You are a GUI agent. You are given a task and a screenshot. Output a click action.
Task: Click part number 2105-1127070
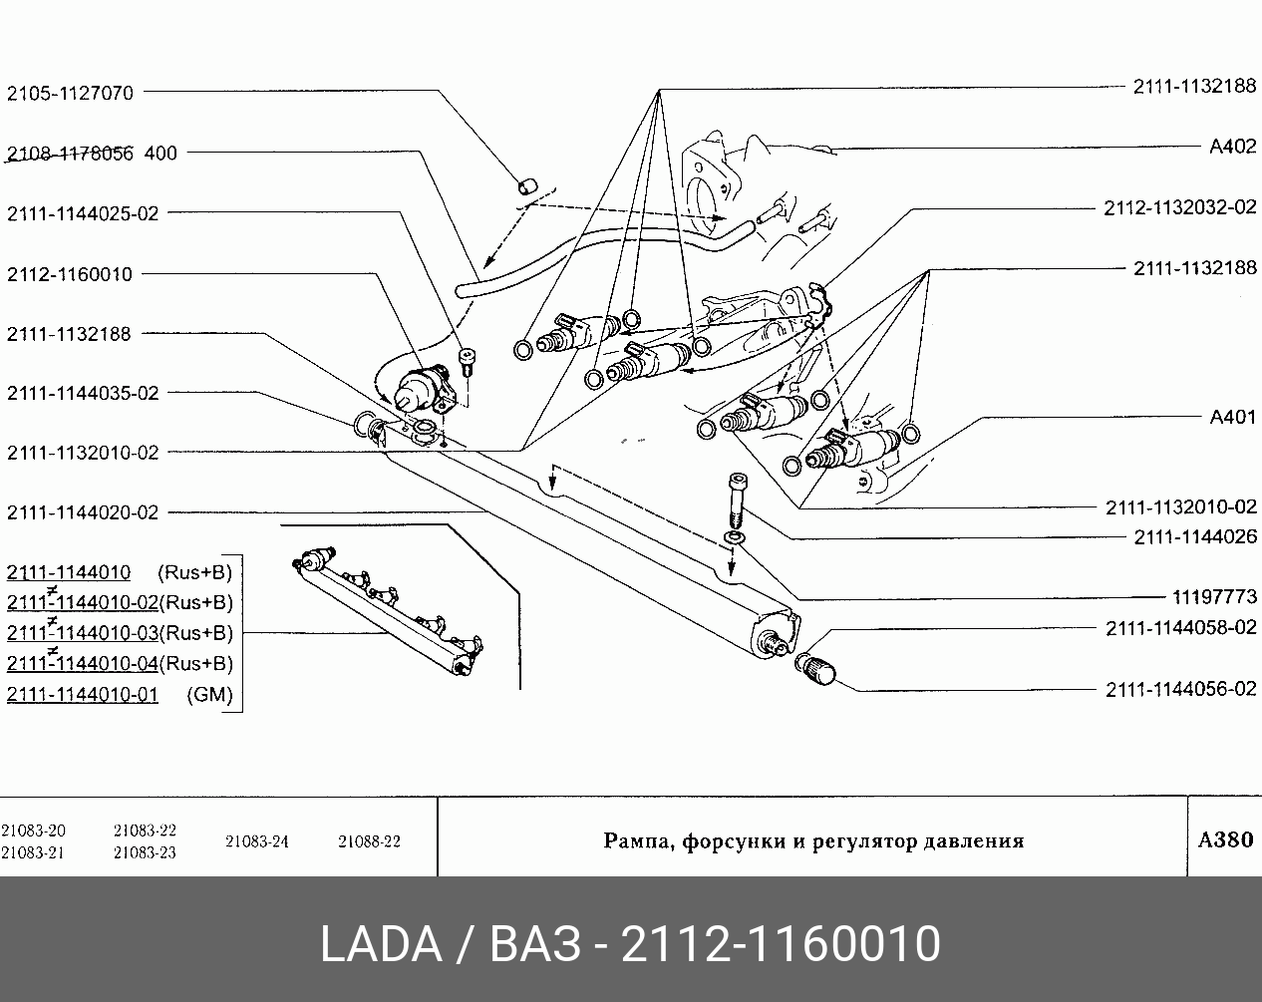click(x=70, y=93)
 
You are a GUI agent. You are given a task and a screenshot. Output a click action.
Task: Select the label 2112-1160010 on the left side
click(x=70, y=274)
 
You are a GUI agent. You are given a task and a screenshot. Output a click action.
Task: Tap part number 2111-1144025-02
click(x=83, y=213)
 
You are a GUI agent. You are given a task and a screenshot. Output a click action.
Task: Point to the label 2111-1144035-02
click(x=83, y=393)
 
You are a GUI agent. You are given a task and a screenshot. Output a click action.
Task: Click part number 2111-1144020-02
click(x=83, y=512)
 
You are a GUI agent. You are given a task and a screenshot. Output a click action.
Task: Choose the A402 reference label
click(x=1232, y=147)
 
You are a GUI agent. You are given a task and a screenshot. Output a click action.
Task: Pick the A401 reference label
click(x=1232, y=417)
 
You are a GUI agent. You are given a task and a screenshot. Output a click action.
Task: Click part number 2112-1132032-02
click(x=1180, y=207)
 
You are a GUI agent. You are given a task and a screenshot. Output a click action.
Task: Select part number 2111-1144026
click(x=1195, y=537)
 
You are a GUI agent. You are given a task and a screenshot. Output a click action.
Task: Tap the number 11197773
click(x=1215, y=598)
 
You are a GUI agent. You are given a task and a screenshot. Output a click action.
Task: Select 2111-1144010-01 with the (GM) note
click(x=83, y=694)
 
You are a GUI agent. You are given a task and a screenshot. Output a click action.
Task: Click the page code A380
click(x=1225, y=839)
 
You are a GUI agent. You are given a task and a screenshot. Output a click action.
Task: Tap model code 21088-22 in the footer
click(x=369, y=841)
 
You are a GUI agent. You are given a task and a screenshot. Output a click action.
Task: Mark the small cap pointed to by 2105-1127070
click(x=526, y=184)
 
